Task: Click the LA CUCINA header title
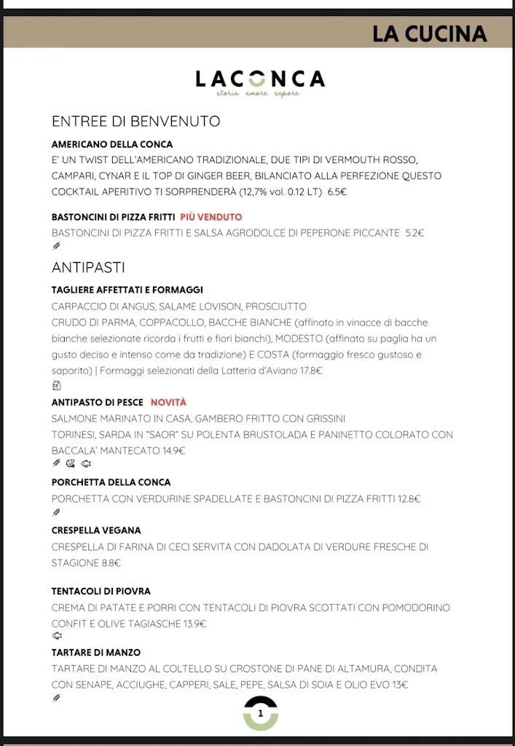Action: (x=429, y=34)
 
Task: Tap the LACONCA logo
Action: (x=260, y=82)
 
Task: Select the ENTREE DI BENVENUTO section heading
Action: (x=135, y=121)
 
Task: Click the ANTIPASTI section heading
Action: (x=88, y=267)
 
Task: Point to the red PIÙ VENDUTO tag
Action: (x=211, y=217)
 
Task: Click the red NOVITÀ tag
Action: (x=168, y=402)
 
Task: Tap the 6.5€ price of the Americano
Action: (x=337, y=192)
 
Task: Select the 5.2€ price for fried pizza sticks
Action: (x=414, y=233)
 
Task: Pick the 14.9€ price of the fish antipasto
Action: (x=173, y=450)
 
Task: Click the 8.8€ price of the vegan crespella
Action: (x=111, y=562)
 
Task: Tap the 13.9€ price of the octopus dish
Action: (x=193, y=624)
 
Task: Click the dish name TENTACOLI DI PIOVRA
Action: (x=101, y=591)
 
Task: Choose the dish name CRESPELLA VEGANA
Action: (x=96, y=530)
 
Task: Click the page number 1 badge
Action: (x=261, y=713)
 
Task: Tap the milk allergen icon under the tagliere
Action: (x=57, y=385)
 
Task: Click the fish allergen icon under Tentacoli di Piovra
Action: (x=57, y=636)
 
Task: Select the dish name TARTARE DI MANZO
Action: (x=96, y=652)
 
